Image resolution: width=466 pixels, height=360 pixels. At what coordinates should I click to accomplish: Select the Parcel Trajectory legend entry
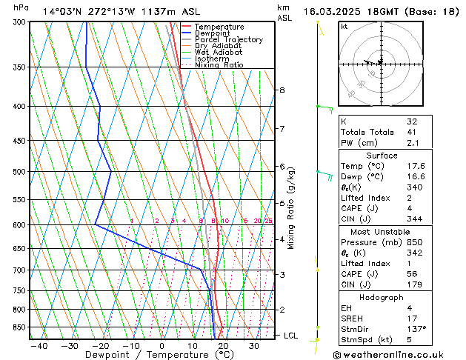coord(228,40)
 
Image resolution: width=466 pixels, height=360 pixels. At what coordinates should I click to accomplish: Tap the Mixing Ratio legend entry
coord(219,65)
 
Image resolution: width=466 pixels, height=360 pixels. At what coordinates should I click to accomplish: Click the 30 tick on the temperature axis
coord(254,345)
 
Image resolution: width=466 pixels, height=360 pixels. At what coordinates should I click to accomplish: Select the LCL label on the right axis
coord(291,336)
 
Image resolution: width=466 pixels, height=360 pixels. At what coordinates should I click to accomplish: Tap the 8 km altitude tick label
coord(282,90)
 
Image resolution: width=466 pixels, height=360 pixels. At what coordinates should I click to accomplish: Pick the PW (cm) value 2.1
coord(413,143)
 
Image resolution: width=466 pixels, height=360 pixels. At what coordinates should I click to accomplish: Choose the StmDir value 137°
coord(417,329)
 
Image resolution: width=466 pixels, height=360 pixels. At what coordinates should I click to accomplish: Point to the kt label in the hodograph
coord(344,26)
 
